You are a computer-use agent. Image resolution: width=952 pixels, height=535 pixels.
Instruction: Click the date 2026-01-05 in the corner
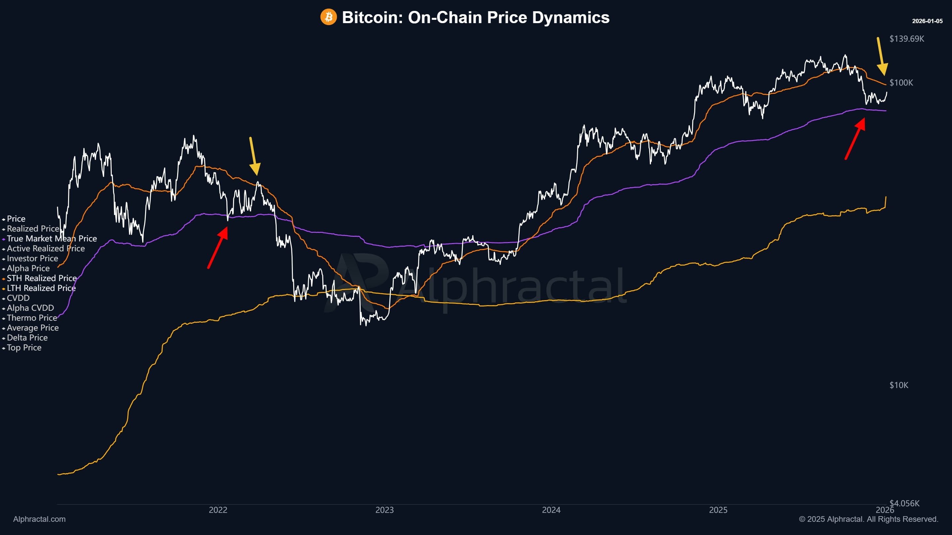click(927, 21)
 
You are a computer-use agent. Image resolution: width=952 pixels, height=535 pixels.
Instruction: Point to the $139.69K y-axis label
click(906, 39)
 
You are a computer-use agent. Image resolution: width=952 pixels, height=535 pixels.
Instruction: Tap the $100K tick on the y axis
click(901, 83)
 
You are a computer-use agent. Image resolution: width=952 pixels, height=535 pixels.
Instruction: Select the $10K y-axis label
click(898, 385)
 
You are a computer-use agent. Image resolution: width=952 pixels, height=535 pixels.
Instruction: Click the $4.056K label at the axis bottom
click(904, 503)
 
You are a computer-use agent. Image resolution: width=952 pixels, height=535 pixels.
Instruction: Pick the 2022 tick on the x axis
click(218, 510)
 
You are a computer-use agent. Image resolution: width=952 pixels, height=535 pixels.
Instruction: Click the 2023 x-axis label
click(384, 510)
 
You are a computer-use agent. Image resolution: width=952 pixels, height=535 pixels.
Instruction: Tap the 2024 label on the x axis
click(551, 510)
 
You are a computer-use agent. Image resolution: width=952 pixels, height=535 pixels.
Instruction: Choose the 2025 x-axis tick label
click(718, 510)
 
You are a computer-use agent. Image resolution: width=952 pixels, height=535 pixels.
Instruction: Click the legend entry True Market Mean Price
click(52, 238)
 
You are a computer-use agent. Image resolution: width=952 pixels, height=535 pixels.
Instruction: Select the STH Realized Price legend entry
click(42, 278)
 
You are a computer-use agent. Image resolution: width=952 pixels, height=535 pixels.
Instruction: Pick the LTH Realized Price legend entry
click(41, 288)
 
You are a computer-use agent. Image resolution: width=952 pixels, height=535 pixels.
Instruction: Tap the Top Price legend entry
click(24, 347)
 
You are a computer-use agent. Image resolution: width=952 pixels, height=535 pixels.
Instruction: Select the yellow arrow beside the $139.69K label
click(881, 56)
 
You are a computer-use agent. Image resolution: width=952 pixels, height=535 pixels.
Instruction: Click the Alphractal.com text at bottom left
click(39, 519)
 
